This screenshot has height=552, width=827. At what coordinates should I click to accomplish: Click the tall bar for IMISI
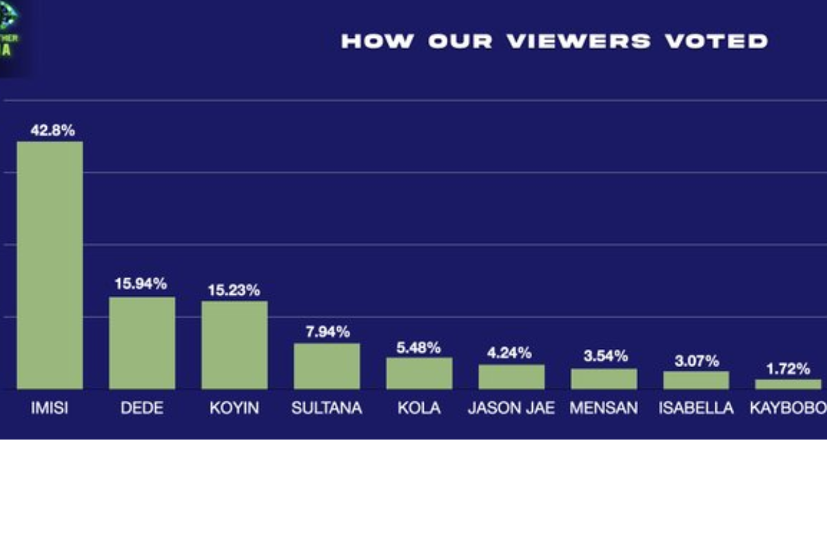click(50, 266)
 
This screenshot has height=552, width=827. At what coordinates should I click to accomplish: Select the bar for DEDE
click(142, 343)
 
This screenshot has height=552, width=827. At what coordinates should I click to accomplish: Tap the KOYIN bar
click(234, 345)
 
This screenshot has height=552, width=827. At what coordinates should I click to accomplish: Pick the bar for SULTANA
click(327, 366)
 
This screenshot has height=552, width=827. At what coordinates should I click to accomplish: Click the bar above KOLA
click(419, 373)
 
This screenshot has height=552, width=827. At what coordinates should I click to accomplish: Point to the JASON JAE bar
click(511, 377)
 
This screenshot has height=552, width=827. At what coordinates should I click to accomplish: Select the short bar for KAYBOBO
click(788, 384)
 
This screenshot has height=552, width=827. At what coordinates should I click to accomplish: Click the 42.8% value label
click(52, 129)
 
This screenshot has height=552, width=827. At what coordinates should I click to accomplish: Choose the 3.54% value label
click(604, 356)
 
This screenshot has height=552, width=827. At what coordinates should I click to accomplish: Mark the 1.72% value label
click(788, 368)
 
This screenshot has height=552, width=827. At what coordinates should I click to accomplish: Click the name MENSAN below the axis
click(604, 408)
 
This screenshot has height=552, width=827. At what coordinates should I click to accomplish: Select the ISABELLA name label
click(696, 408)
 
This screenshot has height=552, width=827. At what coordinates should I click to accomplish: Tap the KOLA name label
click(419, 408)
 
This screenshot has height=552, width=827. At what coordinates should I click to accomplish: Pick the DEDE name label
click(142, 408)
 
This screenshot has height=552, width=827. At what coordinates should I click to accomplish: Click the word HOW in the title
click(378, 41)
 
